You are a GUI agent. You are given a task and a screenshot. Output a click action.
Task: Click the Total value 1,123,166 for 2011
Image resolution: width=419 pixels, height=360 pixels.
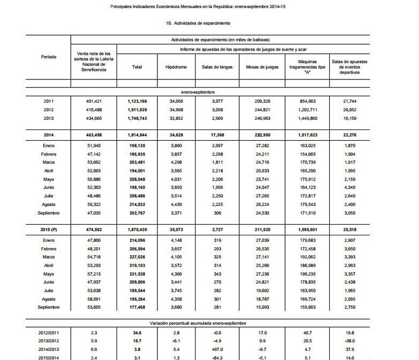click(x=141, y=101)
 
